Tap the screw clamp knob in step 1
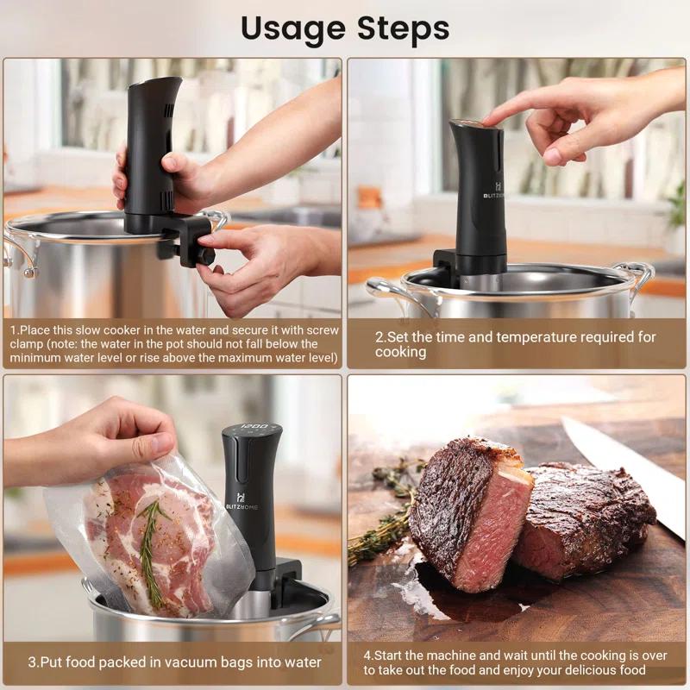coord(205,256)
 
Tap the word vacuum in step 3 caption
coord(180,662)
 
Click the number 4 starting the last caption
coord(367,655)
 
